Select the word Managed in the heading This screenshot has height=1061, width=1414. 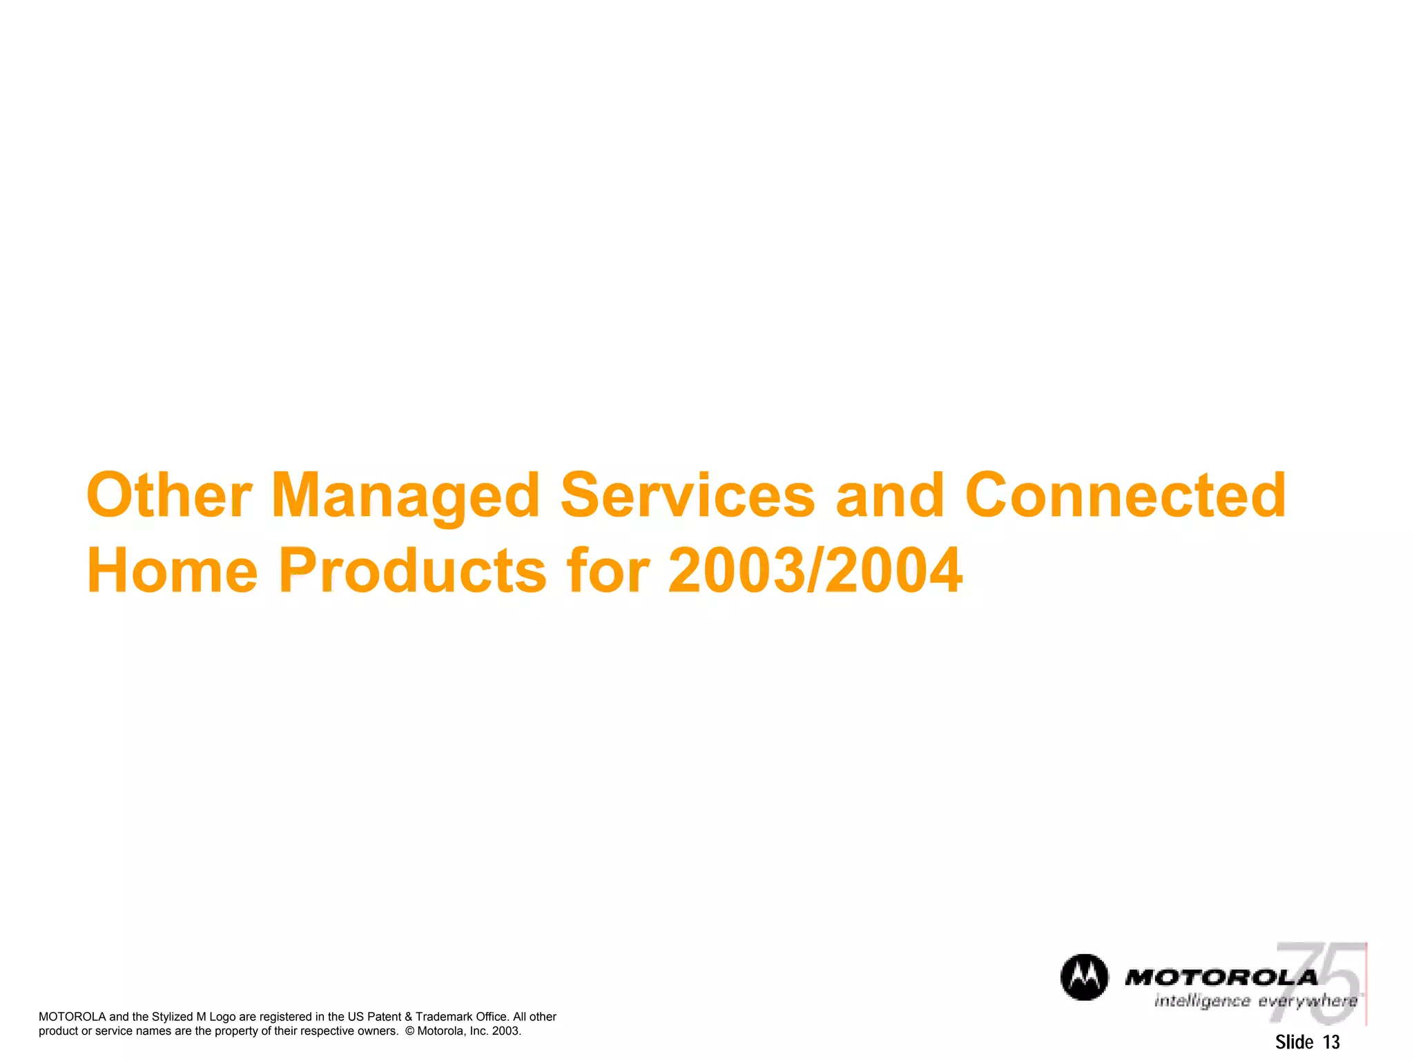(405, 496)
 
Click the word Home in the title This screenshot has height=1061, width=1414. (172, 570)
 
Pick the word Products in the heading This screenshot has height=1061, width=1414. (412, 570)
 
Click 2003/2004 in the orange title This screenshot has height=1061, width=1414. (815, 570)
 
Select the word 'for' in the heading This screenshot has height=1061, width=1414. (608, 570)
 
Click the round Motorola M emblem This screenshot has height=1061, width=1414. (1084, 977)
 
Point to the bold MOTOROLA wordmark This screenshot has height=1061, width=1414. (1221, 977)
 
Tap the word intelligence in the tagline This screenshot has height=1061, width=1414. (1202, 1002)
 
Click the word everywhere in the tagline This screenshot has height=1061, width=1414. (1307, 1002)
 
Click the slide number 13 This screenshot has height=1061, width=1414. (1331, 1042)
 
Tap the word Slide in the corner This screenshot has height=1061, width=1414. (1294, 1042)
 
